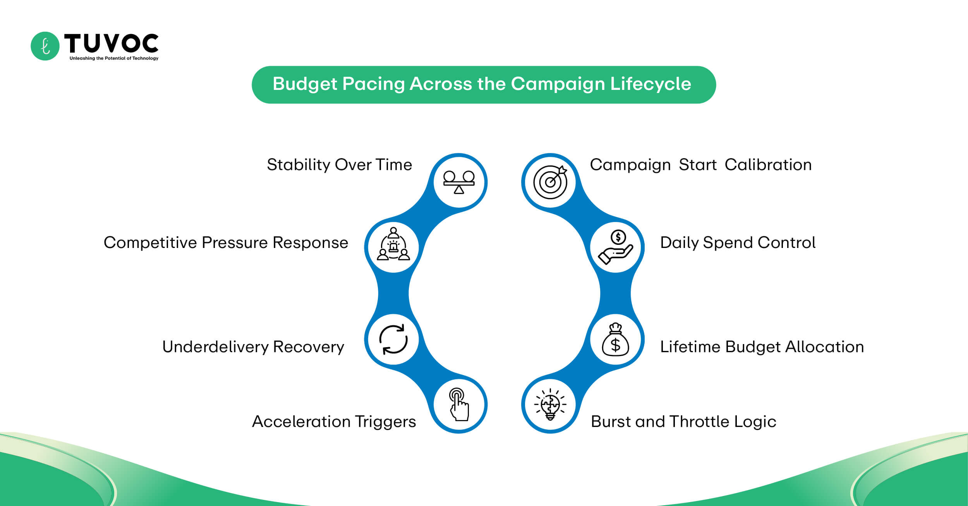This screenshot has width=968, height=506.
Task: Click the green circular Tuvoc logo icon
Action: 45,46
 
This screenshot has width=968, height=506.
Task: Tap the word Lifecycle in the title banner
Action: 650,84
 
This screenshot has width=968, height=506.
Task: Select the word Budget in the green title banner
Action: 305,84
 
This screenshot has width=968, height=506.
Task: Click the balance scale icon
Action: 459,182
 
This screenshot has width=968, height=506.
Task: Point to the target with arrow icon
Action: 550,182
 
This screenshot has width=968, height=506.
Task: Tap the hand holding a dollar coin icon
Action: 616,247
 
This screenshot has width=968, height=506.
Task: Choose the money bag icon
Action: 616,339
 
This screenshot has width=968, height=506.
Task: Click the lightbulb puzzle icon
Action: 550,405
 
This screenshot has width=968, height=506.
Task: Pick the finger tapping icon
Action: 459,405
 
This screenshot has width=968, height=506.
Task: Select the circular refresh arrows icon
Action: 393,339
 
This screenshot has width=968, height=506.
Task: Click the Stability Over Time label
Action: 339,165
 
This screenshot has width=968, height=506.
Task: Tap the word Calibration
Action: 768,165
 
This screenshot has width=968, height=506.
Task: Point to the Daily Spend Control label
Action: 738,243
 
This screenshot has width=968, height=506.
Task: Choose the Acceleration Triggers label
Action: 334,422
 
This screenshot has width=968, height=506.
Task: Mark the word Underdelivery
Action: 215,347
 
